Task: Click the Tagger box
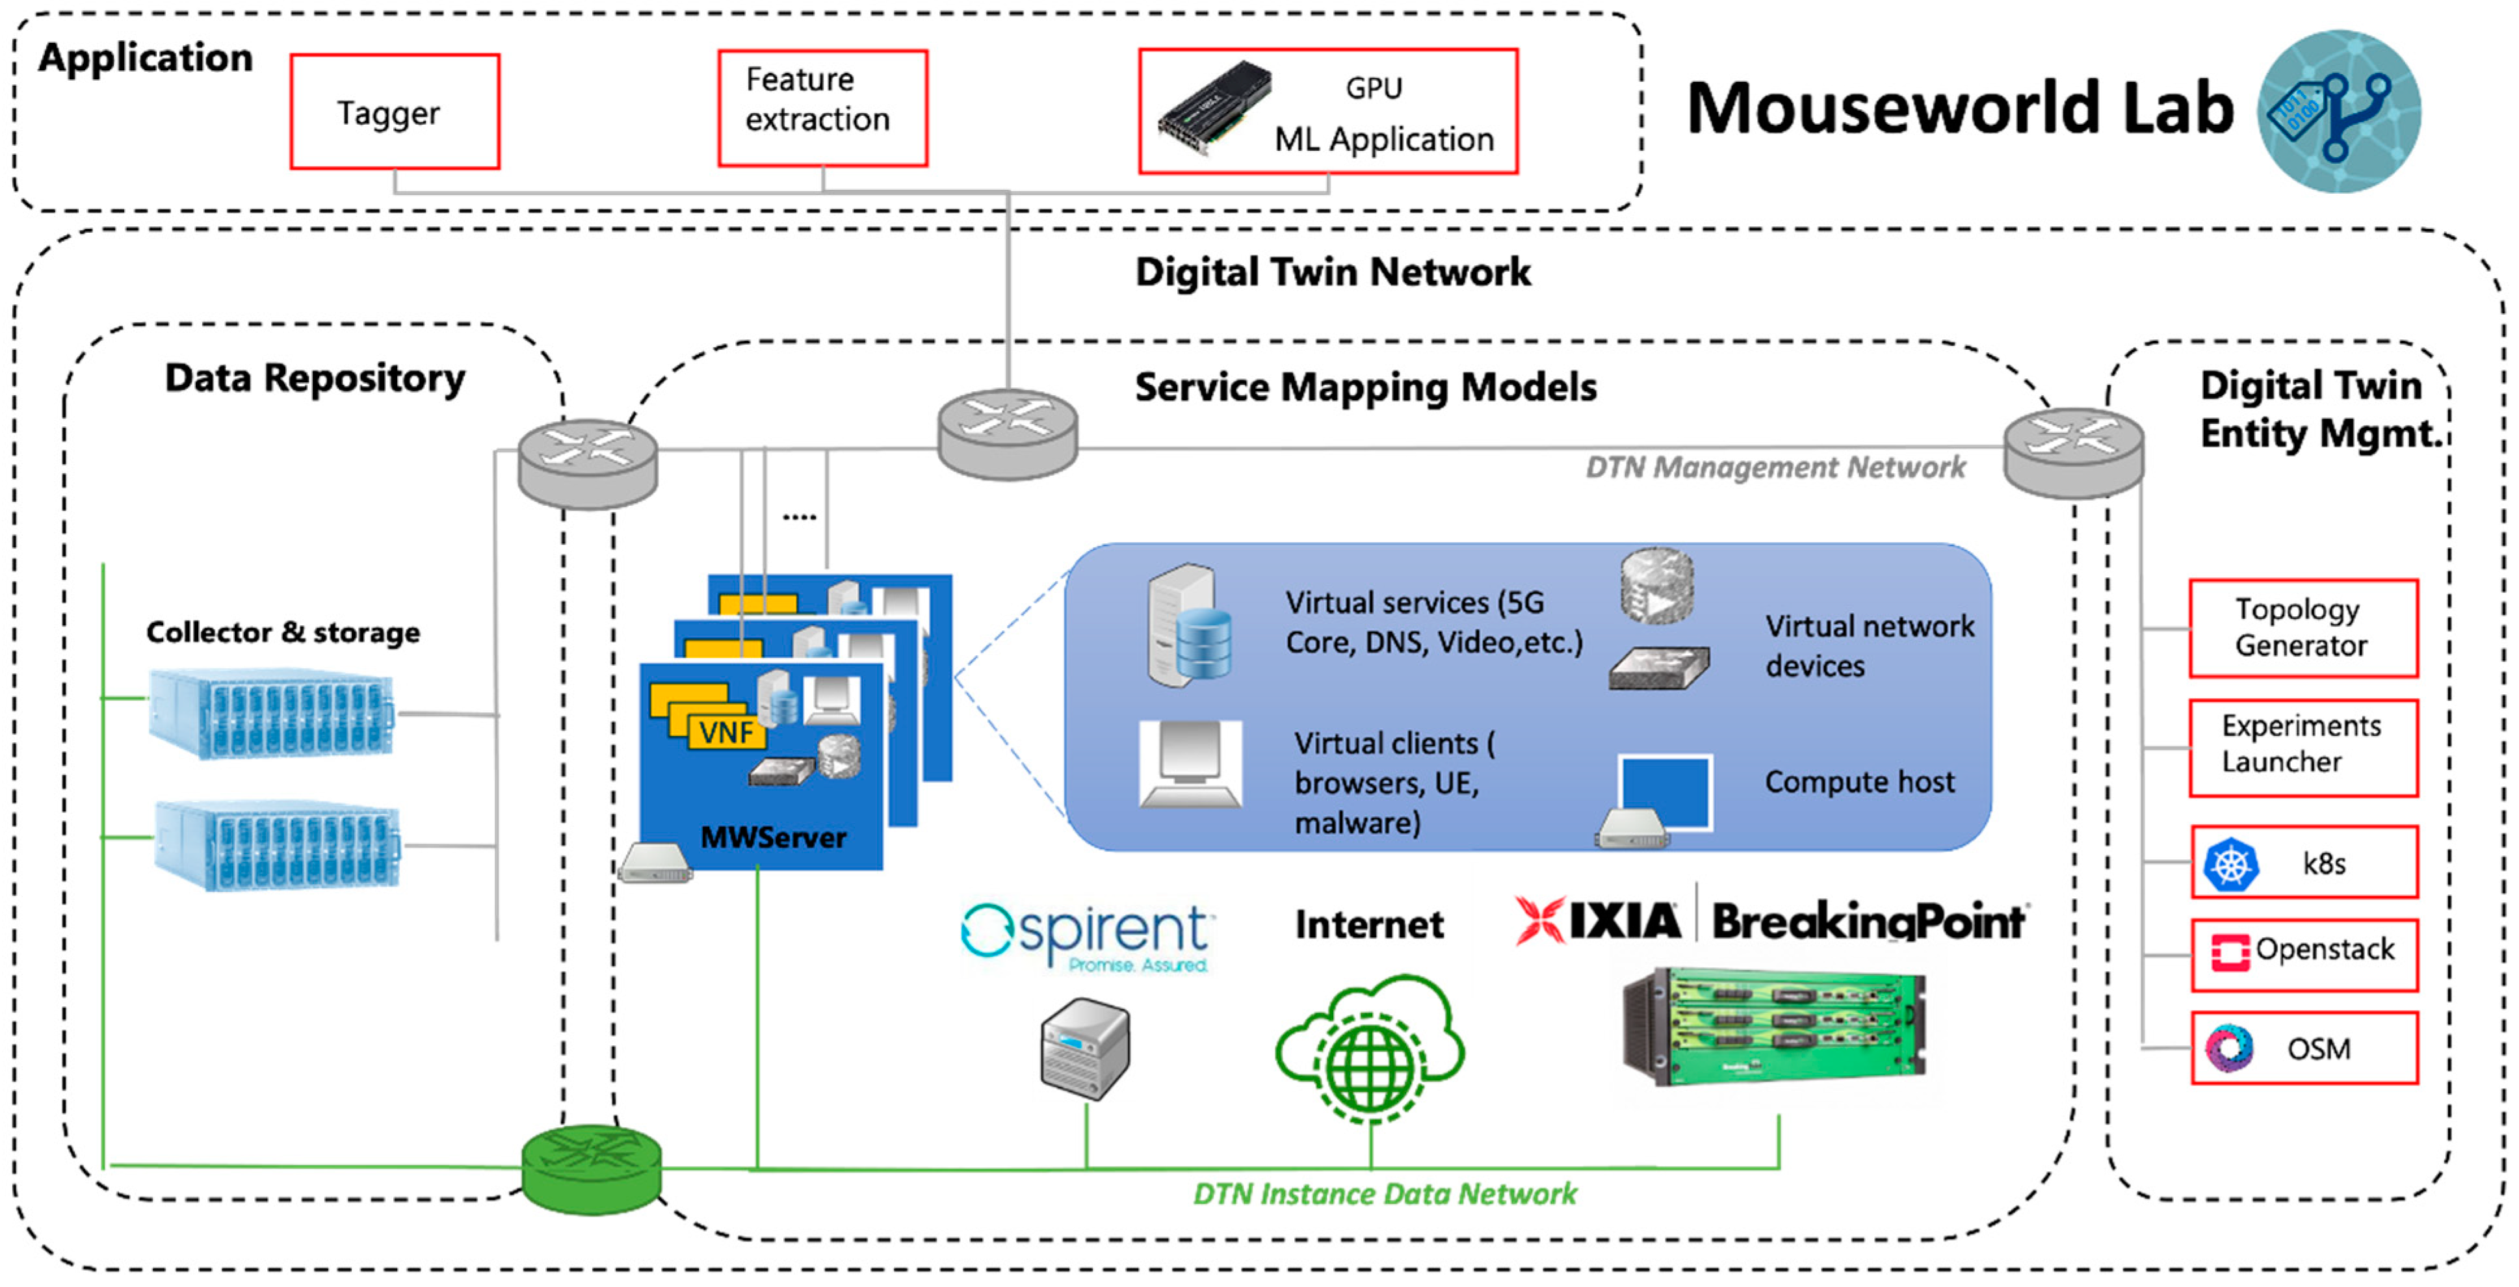[x=395, y=112]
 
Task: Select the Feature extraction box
[x=822, y=108]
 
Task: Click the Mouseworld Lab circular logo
[x=2338, y=110]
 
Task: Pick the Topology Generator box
[x=2303, y=628]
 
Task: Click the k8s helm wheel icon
[x=2230, y=864]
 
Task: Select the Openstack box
[x=2303, y=954]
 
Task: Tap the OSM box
[x=2303, y=1048]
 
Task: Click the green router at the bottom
[x=591, y=1169]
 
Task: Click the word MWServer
[x=772, y=837]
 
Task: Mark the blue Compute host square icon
[x=1664, y=791]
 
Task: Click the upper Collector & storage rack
[x=271, y=713]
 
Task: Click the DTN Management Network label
[x=1774, y=467]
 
